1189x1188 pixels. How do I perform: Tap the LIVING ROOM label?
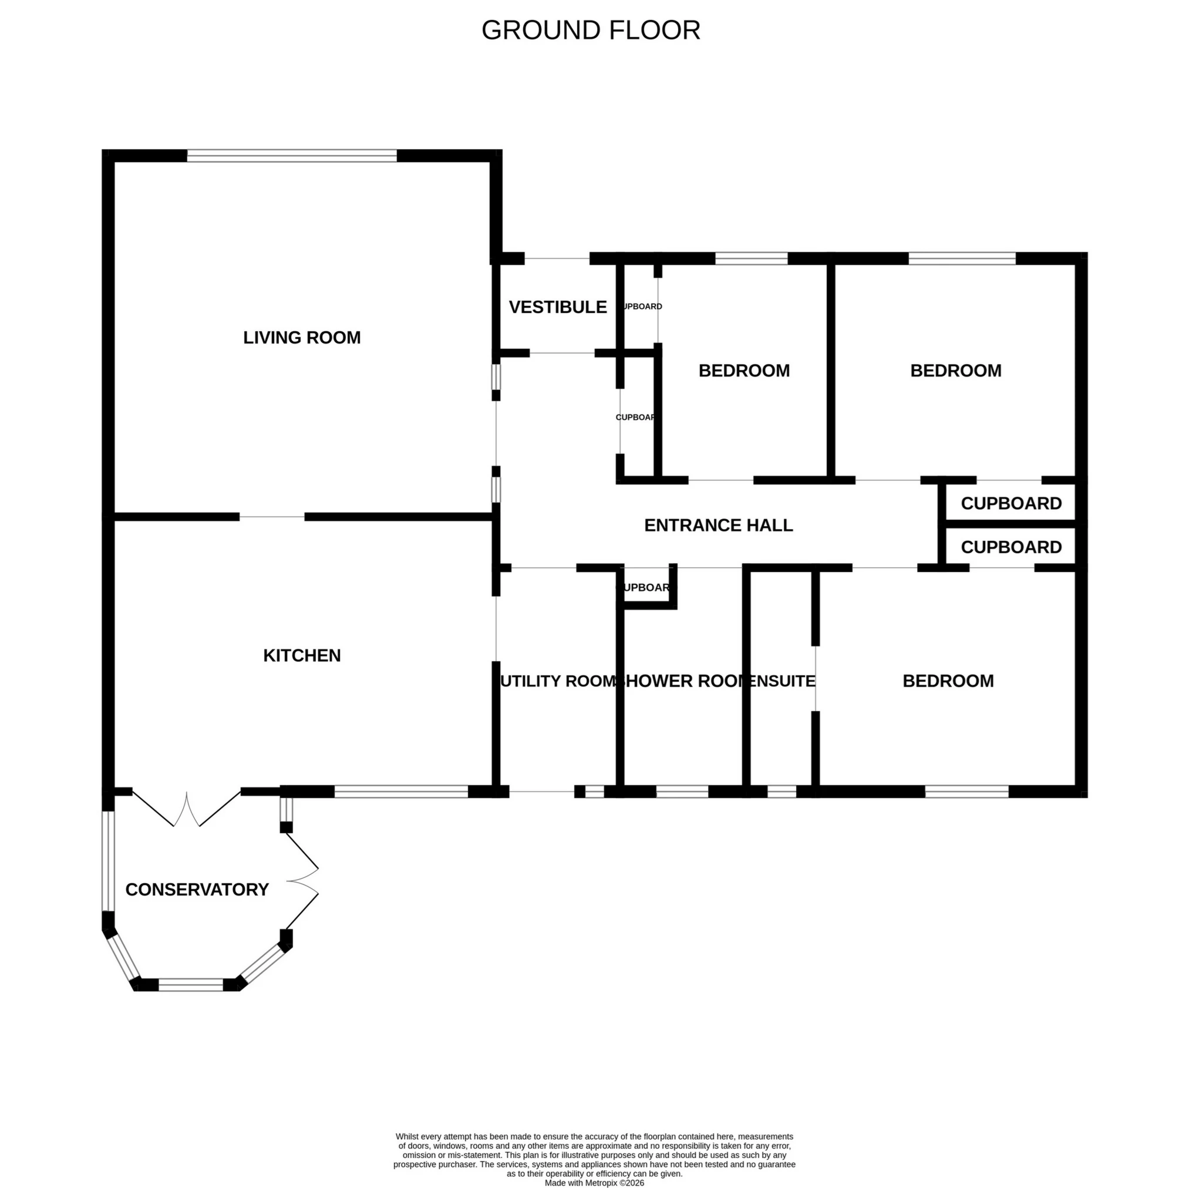[302, 337]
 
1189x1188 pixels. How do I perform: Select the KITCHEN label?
[302, 655]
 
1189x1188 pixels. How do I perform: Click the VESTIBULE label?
[558, 307]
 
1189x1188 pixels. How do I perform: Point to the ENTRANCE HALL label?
[718, 525]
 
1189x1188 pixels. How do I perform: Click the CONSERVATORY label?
[197, 890]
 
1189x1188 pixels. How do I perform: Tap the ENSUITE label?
[782, 681]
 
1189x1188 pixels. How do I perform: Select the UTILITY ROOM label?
[558, 681]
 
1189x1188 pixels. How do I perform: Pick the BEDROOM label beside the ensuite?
[948, 681]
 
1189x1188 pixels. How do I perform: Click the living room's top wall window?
[292, 156]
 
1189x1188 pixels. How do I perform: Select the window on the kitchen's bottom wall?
[400, 792]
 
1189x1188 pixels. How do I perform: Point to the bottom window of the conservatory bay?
[191, 985]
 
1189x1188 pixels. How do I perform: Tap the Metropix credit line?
[594, 1183]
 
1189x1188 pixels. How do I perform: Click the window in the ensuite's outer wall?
[782, 792]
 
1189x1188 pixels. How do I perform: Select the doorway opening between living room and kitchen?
[271, 517]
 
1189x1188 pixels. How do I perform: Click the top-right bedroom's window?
[961, 258]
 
